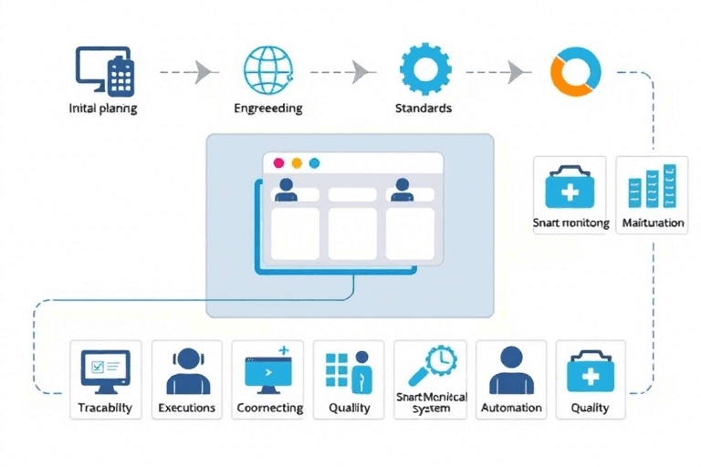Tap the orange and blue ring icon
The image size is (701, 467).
575,71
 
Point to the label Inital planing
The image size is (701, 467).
103,109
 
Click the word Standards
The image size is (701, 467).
423,109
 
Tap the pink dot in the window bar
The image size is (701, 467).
279,163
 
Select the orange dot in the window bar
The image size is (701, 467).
297,163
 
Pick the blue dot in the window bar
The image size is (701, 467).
314,163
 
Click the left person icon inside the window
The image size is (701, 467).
286,190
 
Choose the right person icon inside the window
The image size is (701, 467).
401,190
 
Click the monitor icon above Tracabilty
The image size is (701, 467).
105,370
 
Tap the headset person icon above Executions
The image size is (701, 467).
186,370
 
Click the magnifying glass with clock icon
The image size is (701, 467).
430,368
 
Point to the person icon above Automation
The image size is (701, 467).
511,370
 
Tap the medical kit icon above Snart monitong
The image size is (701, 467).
570,189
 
